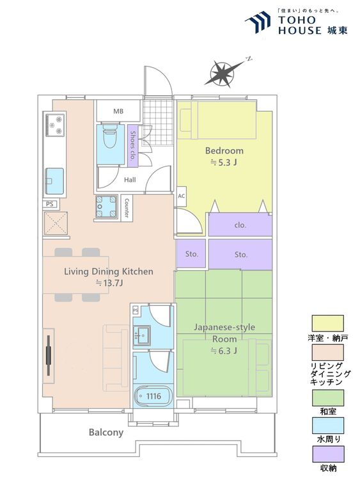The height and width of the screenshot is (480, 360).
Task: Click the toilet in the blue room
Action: point(109,137)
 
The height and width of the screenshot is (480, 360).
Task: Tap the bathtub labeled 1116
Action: point(153,396)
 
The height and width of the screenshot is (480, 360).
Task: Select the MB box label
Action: point(118,111)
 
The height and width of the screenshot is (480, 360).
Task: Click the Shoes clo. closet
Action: point(133,146)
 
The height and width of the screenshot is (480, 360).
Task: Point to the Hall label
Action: point(130,180)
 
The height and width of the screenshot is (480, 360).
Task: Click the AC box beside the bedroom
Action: point(182,196)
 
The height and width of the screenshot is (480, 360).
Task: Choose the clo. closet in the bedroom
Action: point(240,225)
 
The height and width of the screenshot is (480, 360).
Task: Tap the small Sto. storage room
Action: point(191,254)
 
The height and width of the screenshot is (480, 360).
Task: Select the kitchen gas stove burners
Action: point(56,125)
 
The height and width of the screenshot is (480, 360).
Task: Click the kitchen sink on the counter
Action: point(54,181)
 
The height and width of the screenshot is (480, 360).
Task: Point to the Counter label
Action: point(127,208)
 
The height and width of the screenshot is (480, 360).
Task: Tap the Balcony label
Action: point(106,432)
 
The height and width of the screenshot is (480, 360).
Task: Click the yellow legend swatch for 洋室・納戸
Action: point(327,323)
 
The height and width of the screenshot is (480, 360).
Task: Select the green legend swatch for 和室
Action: point(327,397)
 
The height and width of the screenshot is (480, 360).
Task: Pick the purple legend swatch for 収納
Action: point(328,454)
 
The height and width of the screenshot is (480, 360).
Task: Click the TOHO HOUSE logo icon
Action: point(258,21)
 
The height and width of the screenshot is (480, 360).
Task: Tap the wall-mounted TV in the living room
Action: point(49,355)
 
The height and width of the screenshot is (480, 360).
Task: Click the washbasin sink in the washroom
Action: point(141,335)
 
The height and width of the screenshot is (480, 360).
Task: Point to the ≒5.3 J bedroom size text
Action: point(224,163)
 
